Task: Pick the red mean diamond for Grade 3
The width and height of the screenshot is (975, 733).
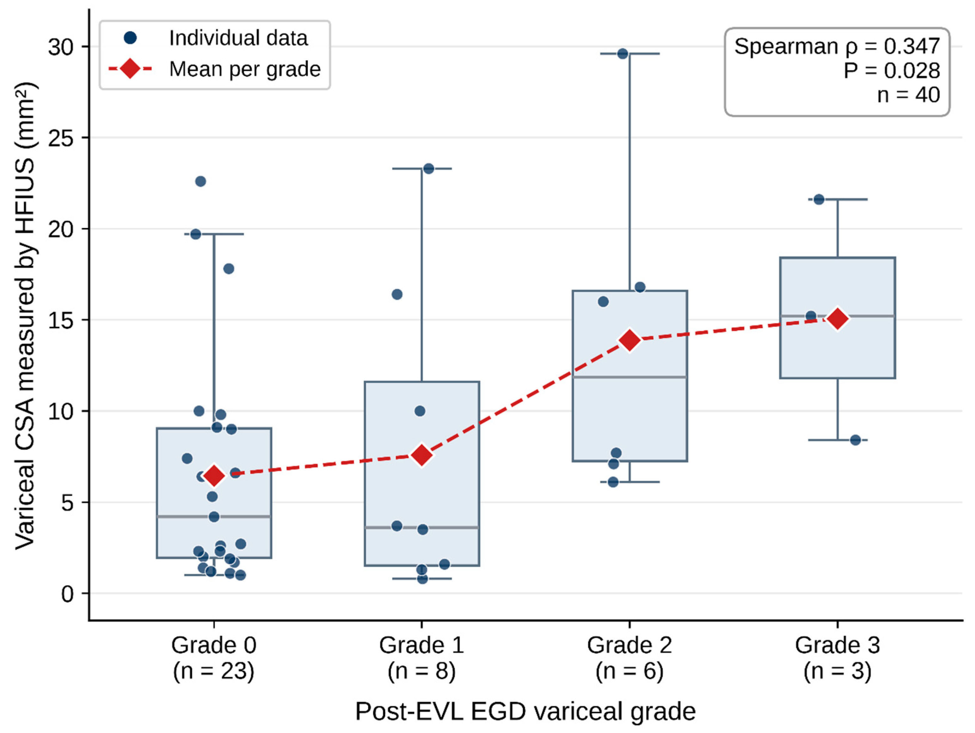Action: coord(838,319)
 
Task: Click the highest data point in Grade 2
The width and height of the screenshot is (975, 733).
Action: coord(623,54)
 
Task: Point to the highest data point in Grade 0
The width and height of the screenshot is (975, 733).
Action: coord(200,181)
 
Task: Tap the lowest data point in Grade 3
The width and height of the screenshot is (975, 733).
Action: coord(855,440)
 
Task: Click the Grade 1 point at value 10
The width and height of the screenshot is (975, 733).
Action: coord(420,411)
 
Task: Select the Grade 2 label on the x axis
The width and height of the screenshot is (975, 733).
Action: coord(629,645)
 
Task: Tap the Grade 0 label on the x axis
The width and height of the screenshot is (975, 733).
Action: coord(214,645)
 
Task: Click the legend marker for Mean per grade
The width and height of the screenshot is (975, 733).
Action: coord(130,69)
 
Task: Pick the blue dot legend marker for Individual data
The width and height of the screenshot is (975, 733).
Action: coord(130,38)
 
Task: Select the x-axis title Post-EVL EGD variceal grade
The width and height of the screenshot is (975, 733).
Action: coord(525,711)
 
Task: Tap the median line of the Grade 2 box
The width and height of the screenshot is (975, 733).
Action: coord(630,377)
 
